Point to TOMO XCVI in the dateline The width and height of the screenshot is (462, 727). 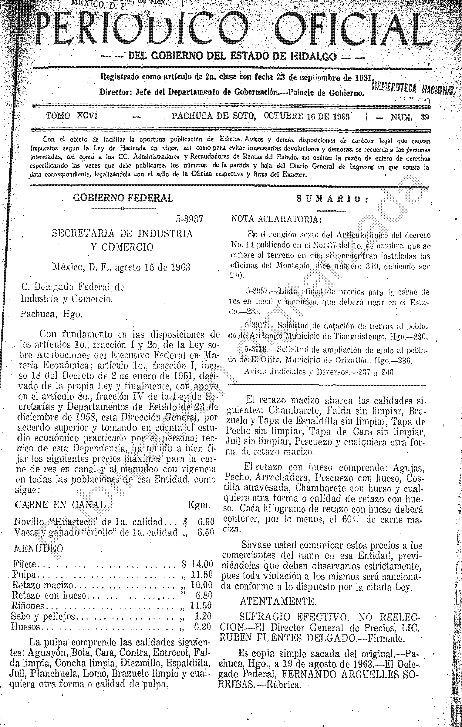(71, 116)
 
